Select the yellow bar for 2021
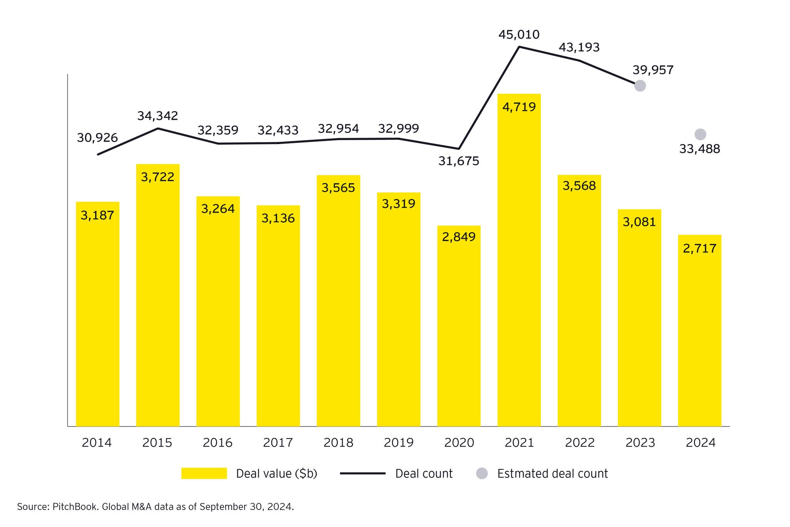pos(519,270)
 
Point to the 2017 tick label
pos(278,442)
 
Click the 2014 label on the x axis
pos(97,442)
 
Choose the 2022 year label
pos(580,442)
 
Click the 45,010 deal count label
pos(519,35)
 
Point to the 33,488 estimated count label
pos(699,149)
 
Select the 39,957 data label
pos(653,70)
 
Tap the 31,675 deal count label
pos(459,161)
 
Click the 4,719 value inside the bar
pos(519,107)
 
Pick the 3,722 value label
pos(157,177)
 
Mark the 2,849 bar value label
pos(459,237)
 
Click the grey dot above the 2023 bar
pos(640,86)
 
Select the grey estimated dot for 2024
pos(700,134)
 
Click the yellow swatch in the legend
pos(204,473)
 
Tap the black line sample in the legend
pos(363,473)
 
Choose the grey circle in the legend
pos(482,473)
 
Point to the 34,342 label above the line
pos(157,116)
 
